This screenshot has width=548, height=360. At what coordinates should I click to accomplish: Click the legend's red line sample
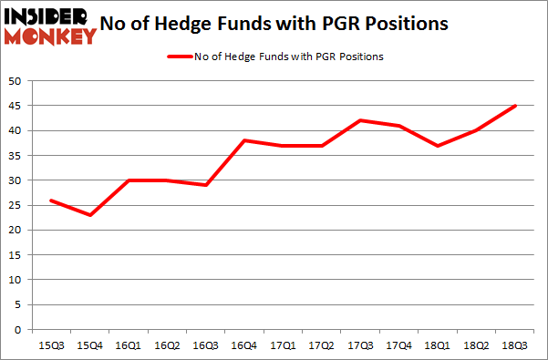click(x=179, y=57)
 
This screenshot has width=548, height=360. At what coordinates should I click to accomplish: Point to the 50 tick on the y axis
click(x=16, y=81)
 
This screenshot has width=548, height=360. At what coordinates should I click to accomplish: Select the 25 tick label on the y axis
click(x=16, y=205)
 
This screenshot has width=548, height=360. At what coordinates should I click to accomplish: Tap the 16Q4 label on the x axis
click(x=244, y=346)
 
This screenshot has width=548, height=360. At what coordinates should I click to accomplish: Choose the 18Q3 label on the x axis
click(x=513, y=346)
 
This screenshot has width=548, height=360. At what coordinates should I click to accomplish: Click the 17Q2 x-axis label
click(x=321, y=346)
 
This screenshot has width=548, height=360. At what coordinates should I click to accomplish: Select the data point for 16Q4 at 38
click(x=244, y=140)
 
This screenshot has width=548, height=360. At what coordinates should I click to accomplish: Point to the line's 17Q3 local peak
click(x=360, y=120)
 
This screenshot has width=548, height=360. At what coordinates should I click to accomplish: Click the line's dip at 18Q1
click(x=437, y=146)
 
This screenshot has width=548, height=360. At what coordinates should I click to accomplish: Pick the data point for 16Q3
click(x=206, y=185)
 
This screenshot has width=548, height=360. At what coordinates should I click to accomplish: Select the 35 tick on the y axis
click(x=16, y=156)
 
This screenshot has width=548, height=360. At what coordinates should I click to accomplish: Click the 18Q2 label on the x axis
click(x=475, y=346)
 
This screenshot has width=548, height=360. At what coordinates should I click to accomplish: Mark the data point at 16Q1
click(x=129, y=180)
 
